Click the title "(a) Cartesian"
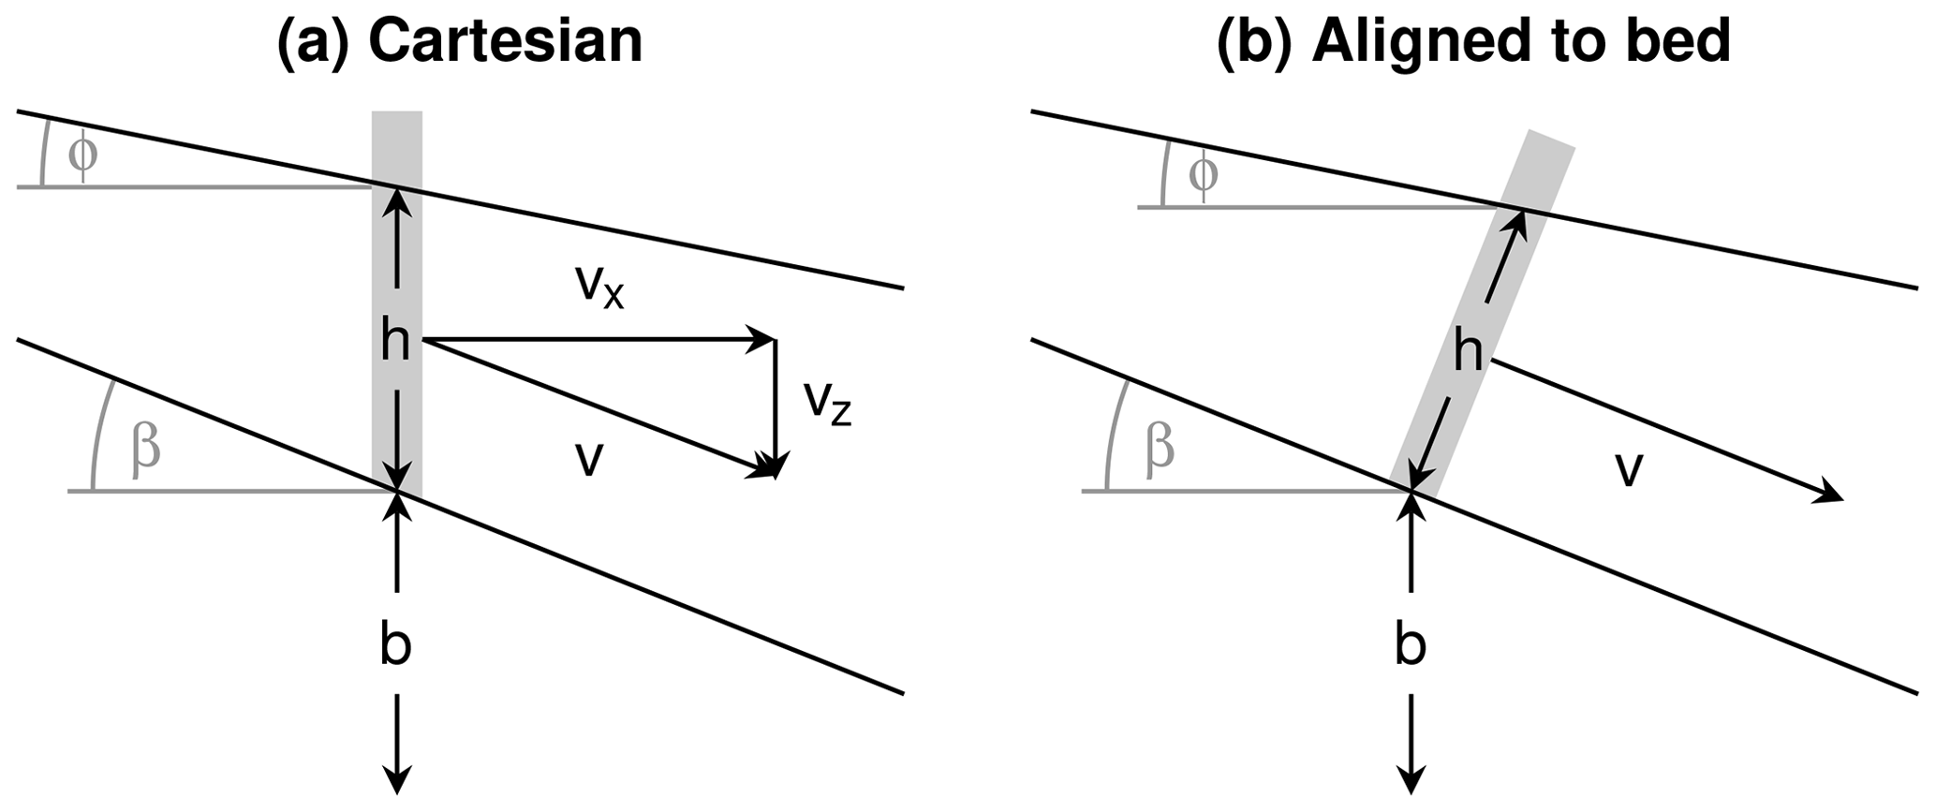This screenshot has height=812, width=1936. point(459,41)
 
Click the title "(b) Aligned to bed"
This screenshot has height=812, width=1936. point(1472,41)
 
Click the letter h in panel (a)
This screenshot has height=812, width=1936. point(395,343)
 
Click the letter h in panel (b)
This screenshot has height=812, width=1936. point(1469,354)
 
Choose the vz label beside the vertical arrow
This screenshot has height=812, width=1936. point(827,403)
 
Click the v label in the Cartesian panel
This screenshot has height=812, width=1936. point(587,459)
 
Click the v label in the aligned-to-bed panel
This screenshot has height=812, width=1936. point(1630,468)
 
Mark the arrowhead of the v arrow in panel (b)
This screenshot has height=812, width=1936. point(1830,496)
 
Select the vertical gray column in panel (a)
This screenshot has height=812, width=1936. point(397,150)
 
